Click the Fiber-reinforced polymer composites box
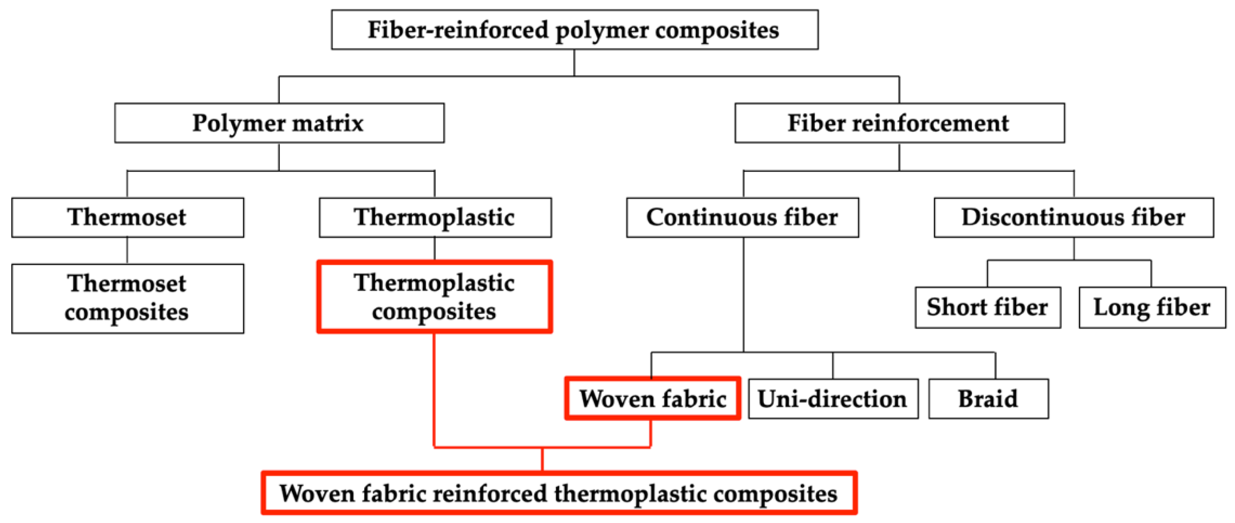coord(574,30)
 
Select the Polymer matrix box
coord(279,123)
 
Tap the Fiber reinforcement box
coord(899,123)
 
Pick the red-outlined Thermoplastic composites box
coord(435,297)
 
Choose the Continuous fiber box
coord(742,217)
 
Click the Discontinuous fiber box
coord(1073,217)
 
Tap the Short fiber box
coord(987,307)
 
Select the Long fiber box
coord(1152,307)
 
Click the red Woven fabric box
coord(652,398)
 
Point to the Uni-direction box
coord(833,399)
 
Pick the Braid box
coord(988,399)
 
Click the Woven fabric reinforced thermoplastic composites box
coord(558,493)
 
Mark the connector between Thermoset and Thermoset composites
coord(127,251)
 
